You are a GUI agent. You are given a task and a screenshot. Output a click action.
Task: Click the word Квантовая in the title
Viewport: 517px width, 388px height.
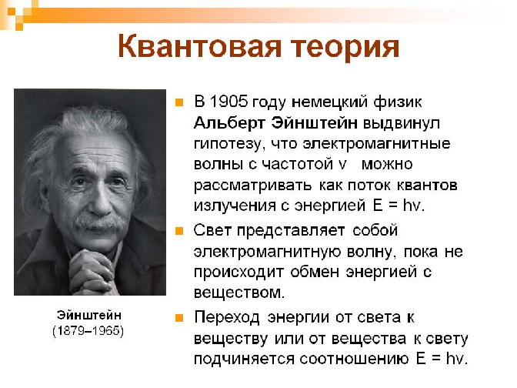coord(199,46)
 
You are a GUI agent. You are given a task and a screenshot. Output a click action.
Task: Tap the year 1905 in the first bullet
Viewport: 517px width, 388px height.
coord(228,102)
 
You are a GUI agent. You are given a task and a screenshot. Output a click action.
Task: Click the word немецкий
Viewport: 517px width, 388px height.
coord(330,102)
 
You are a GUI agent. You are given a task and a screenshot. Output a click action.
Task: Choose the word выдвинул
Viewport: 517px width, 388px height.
coord(402,123)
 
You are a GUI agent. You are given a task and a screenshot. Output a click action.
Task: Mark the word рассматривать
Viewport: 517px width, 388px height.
coord(252,186)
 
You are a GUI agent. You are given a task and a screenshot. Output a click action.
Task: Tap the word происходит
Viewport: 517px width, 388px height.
coord(238,273)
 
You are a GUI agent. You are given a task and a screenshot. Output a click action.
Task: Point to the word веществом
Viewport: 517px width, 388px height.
coord(239,293)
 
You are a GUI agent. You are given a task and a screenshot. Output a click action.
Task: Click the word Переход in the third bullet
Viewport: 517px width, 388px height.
coord(227,317)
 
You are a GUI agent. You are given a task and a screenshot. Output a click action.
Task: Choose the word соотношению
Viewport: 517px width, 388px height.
coord(355,358)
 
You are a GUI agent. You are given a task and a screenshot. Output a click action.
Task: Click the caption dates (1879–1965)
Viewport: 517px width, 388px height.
coord(88,330)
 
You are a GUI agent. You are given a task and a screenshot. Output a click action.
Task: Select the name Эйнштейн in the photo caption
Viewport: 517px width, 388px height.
coord(89,315)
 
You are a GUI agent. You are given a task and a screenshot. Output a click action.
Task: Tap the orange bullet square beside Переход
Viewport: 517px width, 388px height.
coord(179,318)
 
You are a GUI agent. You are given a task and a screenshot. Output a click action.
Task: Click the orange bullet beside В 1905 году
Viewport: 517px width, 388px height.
coord(179,102)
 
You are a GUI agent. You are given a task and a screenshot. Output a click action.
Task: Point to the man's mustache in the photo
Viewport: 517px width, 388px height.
coord(100,222)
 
